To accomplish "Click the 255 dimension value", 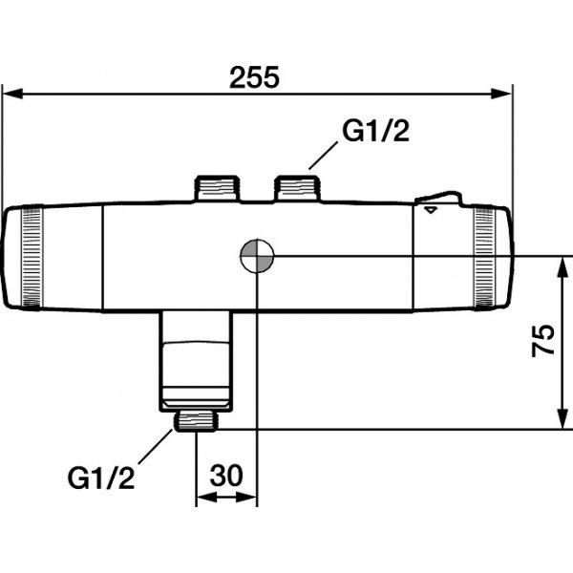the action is click(254, 77).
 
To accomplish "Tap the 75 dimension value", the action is click(543, 341).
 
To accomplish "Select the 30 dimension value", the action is click(226, 476).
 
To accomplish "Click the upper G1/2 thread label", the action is click(375, 131).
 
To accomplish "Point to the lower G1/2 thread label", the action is click(101, 478).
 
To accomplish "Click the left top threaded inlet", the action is click(217, 188).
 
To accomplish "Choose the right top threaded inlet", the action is click(297, 188).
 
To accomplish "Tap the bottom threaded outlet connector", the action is click(196, 421).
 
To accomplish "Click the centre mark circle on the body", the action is click(257, 256).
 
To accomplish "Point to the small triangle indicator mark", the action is click(430, 210).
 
